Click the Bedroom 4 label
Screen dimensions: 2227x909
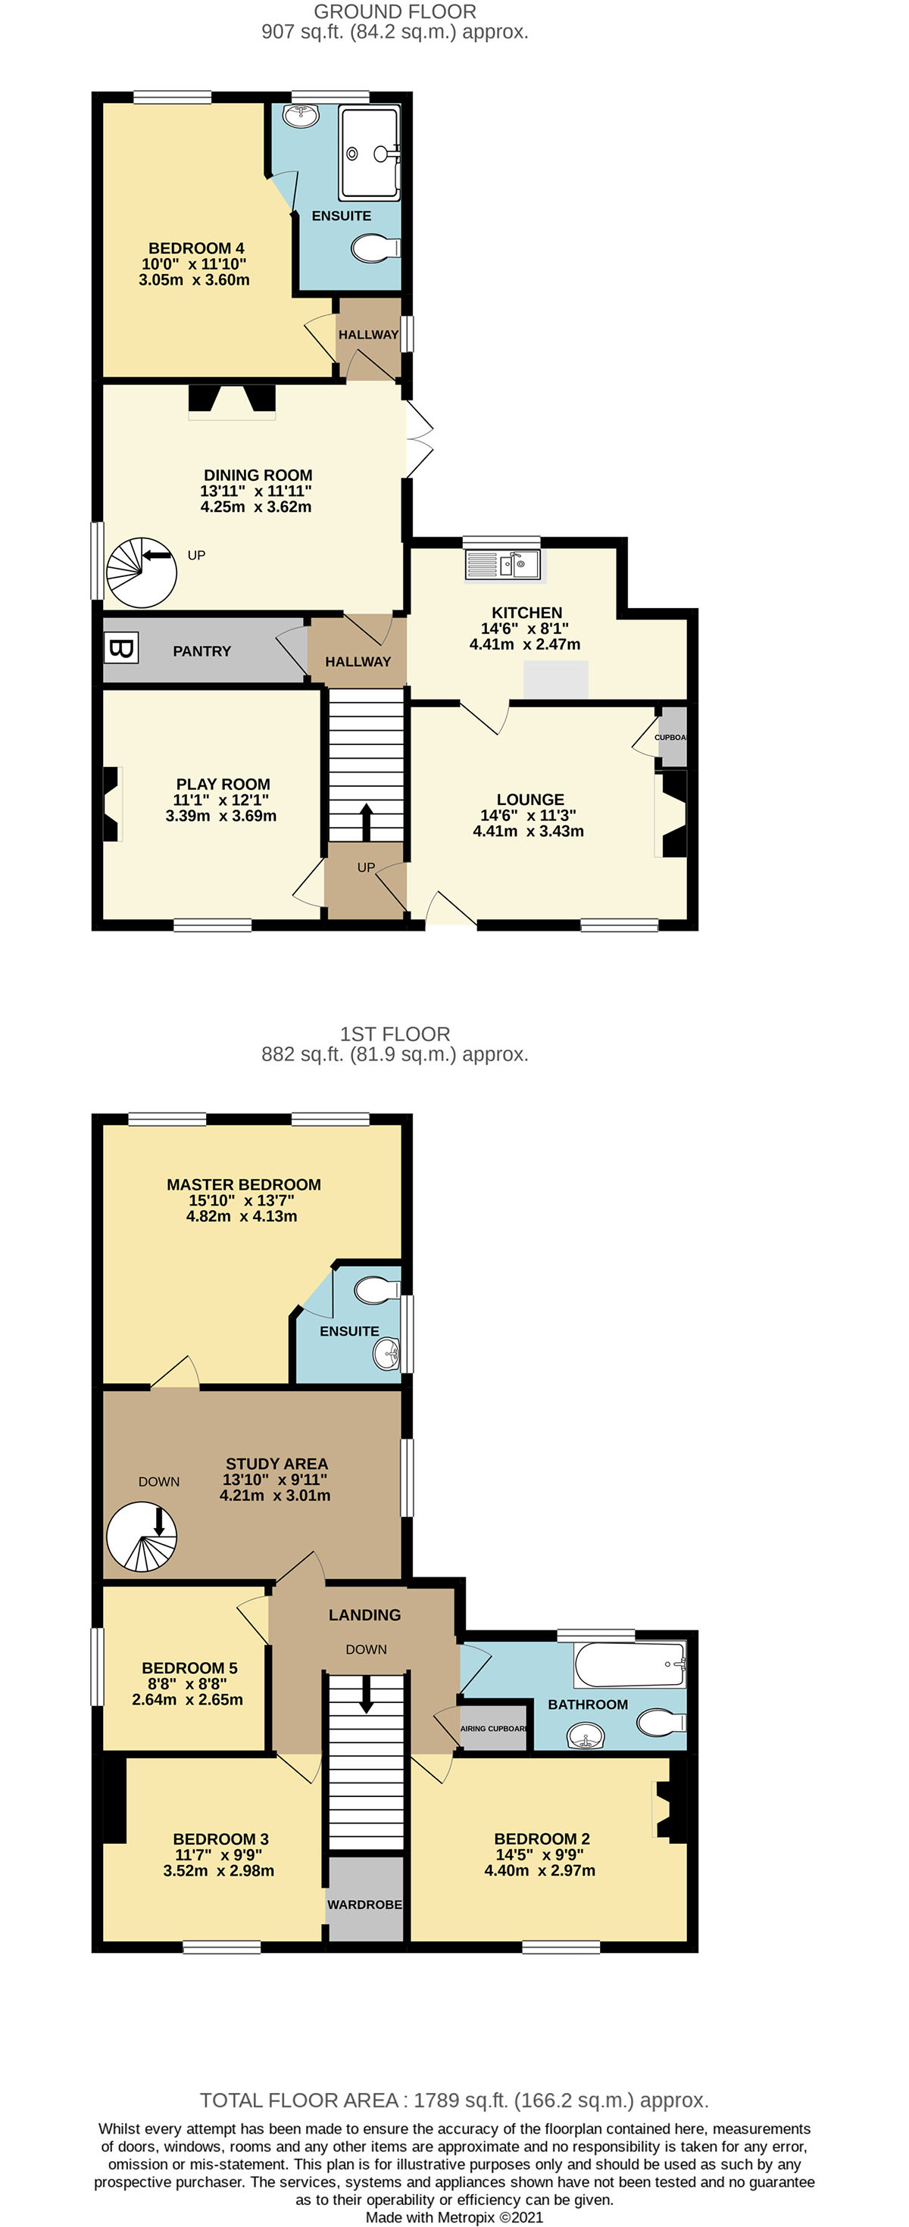[x=195, y=248]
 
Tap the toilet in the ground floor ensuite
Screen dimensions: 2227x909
[x=374, y=249]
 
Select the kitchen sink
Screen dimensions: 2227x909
[x=502, y=565]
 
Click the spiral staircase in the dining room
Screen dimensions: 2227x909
[x=141, y=572]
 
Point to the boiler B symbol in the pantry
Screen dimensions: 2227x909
[x=120, y=647]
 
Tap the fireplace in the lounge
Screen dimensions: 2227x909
[x=673, y=813]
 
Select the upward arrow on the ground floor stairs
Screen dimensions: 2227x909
[x=366, y=822]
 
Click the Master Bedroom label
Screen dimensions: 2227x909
[x=243, y=1184]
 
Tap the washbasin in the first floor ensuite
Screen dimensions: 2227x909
[x=386, y=1353]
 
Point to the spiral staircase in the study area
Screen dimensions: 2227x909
[x=141, y=1536]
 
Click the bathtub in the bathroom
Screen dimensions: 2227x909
[x=629, y=1664]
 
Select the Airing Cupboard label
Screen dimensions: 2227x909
[x=493, y=1728]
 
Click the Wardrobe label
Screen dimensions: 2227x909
[x=364, y=1904]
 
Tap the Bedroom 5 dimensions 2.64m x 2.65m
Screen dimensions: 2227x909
[x=187, y=1698]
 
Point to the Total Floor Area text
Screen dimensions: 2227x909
[x=454, y=2099]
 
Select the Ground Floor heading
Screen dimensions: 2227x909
[x=395, y=12]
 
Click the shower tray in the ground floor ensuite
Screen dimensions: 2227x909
[x=370, y=153]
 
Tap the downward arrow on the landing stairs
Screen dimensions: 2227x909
[x=366, y=1695]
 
